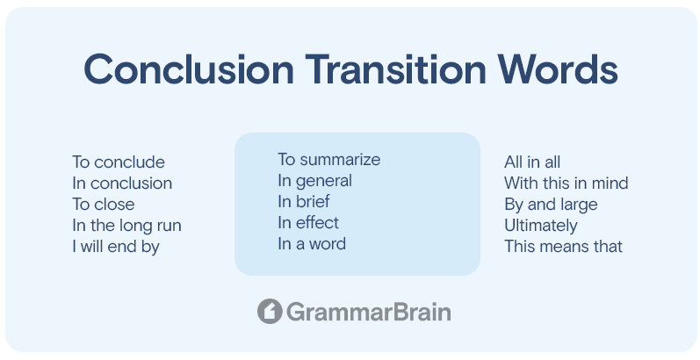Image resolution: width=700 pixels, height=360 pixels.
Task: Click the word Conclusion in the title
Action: [188, 69]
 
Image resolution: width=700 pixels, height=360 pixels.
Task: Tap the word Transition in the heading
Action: [395, 69]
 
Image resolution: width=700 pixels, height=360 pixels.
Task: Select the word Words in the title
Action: [558, 69]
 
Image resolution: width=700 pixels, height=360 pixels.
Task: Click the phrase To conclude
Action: [119, 162]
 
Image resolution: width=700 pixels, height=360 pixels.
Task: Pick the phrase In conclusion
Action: [122, 183]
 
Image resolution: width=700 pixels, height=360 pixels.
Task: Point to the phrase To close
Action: [103, 205]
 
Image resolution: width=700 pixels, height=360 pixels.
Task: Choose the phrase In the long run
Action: [126, 226]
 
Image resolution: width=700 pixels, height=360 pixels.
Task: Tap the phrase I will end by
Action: [116, 247]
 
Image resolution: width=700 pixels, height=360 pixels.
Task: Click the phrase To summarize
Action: [329, 159]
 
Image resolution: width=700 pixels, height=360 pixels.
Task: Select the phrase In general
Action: [314, 181]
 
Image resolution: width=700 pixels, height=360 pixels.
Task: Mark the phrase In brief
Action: [304, 202]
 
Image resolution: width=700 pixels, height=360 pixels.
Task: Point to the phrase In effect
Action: [308, 223]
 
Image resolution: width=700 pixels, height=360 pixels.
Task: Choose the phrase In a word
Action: [312, 244]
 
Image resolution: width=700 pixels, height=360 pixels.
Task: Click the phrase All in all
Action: [532, 162]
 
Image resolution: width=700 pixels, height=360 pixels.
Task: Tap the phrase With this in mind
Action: [566, 183]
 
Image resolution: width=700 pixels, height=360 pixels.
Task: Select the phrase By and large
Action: [551, 205]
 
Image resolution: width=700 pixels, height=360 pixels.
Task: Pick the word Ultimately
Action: [541, 226]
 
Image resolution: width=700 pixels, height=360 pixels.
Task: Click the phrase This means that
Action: [563, 247]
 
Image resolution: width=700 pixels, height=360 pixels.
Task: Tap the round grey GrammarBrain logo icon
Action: [270, 312]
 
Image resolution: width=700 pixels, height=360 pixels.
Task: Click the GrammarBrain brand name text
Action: [369, 312]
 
